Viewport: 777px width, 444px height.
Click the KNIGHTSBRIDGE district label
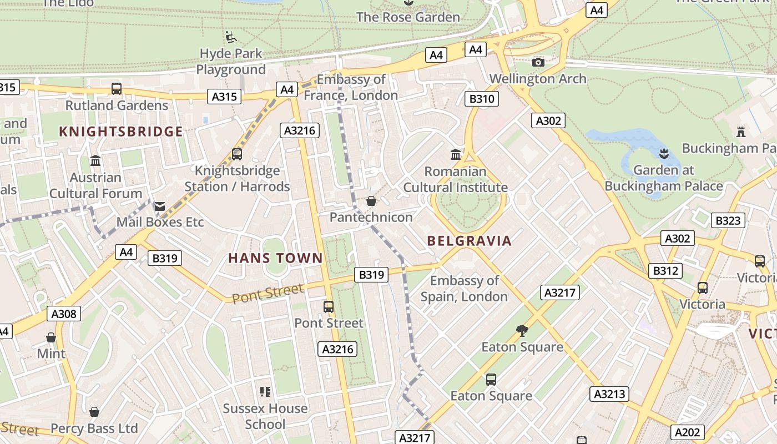click(x=120, y=132)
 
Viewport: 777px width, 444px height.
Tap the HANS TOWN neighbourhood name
click(x=275, y=258)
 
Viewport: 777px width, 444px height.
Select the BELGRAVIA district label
click(x=469, y=241)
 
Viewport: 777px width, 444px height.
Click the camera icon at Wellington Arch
click(x=538, y=62)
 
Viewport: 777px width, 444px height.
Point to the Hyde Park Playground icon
click(x=231, y=38)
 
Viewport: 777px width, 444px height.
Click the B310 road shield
click(x=481, y=99)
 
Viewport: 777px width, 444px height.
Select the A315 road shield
click(x=225, y=97)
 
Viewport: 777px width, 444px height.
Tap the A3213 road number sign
click(x=609, y=394)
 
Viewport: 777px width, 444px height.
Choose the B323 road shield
click(x=728, y=220)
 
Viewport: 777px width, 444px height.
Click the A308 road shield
click(x=64, y=314)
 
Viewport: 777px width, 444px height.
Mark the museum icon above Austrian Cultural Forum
click(x=95, y=161)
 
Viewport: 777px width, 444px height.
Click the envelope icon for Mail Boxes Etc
click(x=160, y=206)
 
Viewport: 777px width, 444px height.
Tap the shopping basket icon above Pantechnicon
click(x=371, y=201)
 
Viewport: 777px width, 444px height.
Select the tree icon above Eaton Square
click(x=522, y=331)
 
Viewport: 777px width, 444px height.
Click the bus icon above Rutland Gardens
click(x=117, y=88)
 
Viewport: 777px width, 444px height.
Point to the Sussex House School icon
click(x=265, y=392)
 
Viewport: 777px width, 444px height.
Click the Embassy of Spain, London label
click(x=464, y=289)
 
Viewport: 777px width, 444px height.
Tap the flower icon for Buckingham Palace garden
click(x=663, y=153)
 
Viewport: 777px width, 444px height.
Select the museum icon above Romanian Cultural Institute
click(x=456, y=154)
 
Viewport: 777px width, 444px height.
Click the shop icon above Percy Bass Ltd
click(x=94, y=412)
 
